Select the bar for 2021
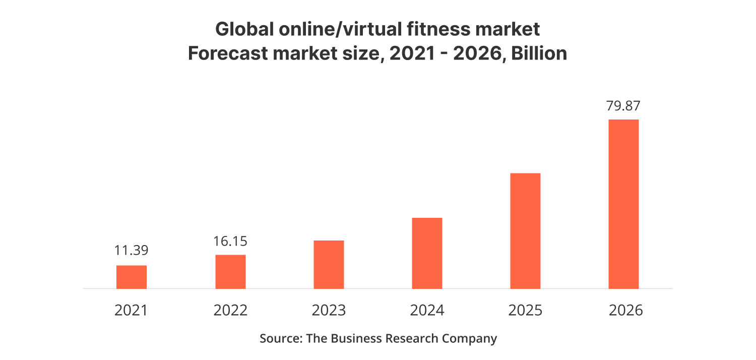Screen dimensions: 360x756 [x=132, y=277]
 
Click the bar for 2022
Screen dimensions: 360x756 [x=230, y=272]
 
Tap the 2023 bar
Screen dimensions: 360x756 [x=329, y=265]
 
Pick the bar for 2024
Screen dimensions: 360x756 [x=427, y=253]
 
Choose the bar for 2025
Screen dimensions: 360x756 [x=525, y=231]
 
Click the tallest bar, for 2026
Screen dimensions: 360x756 [x=623, y=204]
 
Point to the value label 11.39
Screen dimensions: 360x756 [x=132, y=251]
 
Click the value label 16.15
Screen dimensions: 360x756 [x=230, y=241]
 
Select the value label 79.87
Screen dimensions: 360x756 [x=623, y=106]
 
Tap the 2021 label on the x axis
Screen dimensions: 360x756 [x=132, y=310]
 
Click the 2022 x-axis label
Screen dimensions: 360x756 [x=230, y=310]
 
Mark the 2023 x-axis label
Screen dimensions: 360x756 [x=329, y=310]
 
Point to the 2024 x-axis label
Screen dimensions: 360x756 [x=427, y=310]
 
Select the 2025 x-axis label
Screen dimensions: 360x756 [x=525, y=310]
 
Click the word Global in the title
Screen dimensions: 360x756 [x=243, y=29]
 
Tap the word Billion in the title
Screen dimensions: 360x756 [x=539, y=53]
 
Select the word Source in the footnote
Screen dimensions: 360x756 [x=280, y=338]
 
